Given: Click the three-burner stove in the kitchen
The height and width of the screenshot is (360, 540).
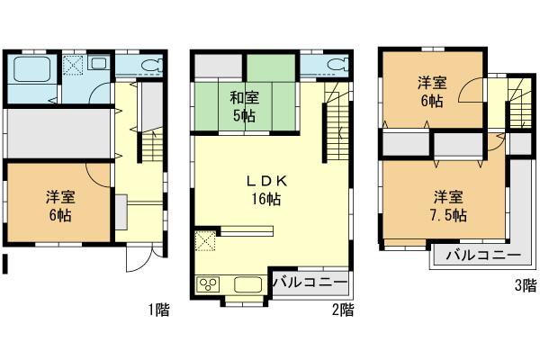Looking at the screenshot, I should point(207,285).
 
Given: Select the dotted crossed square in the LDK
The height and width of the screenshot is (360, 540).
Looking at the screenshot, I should point(204,240).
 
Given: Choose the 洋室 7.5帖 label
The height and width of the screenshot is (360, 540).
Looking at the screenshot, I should point(447,205).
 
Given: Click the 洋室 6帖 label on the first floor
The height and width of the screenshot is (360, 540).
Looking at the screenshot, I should point(59,205).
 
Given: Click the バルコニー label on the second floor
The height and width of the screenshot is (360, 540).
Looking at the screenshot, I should point(308,283).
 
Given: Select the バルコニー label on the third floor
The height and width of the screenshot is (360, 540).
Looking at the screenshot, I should point(481,256).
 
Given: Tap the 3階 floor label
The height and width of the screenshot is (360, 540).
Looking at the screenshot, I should point(526,286).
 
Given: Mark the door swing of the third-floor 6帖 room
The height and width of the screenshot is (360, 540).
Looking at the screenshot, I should point(470,96).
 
